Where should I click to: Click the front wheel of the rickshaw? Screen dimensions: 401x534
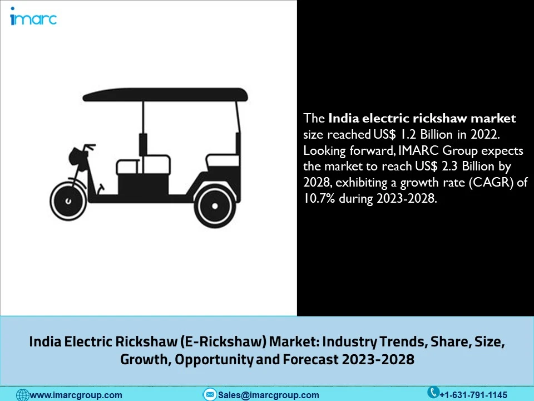point(68,199)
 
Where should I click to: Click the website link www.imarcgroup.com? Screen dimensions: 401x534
point(76,395)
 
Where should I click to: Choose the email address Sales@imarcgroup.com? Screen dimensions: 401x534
point(269,395)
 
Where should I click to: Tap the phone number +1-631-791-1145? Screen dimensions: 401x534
point(473,395)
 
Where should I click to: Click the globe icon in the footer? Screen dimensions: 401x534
point(22,395)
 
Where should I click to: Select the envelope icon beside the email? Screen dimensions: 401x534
point(210,395)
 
